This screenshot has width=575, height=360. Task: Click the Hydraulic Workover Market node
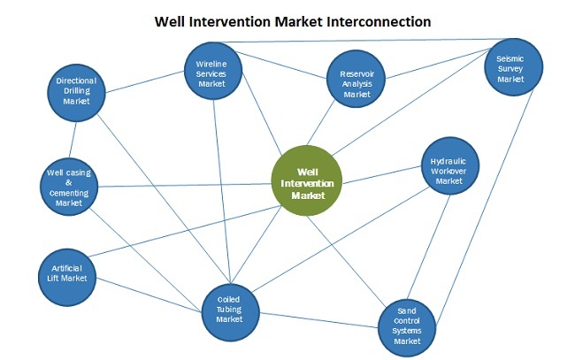[449, 169]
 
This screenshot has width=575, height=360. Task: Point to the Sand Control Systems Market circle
[407, 326]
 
